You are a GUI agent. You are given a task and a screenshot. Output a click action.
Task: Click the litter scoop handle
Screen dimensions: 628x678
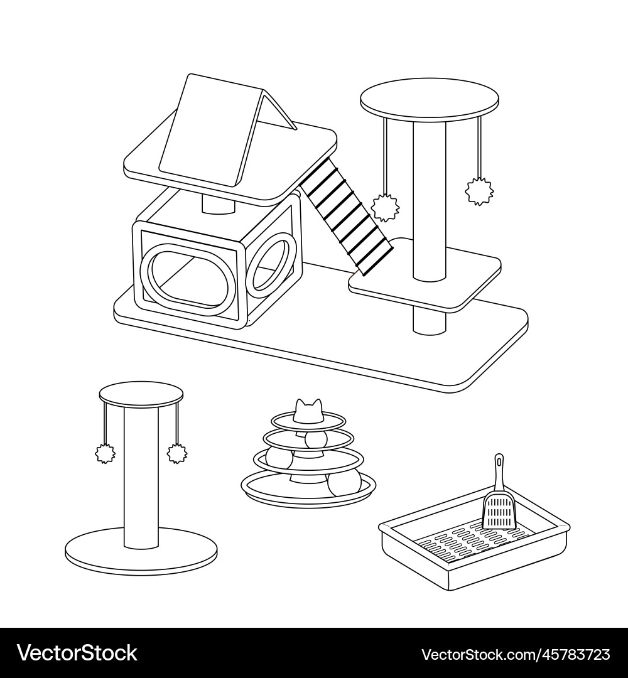point(499,473)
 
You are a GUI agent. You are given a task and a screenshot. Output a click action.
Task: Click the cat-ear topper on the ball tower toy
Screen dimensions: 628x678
point(308,411)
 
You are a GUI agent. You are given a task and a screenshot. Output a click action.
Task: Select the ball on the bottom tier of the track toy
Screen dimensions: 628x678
point(344,484)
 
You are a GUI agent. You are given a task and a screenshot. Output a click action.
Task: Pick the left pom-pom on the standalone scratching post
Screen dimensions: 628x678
point(105,453)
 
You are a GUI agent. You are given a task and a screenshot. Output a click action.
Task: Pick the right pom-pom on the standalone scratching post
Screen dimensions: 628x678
point(177,453)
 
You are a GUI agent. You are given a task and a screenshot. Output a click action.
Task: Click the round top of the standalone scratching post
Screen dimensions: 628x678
point(141,394)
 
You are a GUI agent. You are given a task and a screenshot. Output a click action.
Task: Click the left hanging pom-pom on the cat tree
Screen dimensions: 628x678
point(386,208)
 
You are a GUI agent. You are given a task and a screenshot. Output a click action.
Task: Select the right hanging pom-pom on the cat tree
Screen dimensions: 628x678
point(479,191)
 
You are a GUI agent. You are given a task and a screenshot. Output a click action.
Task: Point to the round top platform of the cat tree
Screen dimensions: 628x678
point(430,99)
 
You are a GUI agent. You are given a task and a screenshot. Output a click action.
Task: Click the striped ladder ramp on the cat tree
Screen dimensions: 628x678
point(346,216)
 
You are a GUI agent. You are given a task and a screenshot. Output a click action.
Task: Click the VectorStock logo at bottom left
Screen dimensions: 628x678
point(77,653)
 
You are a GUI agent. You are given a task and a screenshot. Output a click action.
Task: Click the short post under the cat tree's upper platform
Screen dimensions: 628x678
point(219,203)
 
